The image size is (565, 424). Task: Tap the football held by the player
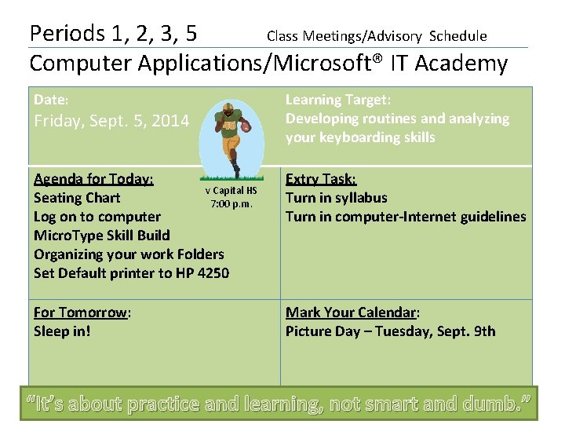point(246,125)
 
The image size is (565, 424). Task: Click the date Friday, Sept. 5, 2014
point(111,121)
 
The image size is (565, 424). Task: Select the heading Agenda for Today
point(93,179)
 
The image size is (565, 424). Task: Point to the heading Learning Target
point(338,100)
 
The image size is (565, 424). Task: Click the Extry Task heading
point(321,179)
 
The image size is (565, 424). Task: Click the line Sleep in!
point(62,331)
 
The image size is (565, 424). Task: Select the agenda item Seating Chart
point(77,198)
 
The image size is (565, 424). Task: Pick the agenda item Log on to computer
point(97,217)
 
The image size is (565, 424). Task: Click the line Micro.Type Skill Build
point(102,236)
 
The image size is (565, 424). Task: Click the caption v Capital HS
point(231,191)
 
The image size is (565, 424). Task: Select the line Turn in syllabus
point(336,198)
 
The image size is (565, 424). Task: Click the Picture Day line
point(390,331)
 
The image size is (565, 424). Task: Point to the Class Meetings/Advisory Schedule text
point(377,36)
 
